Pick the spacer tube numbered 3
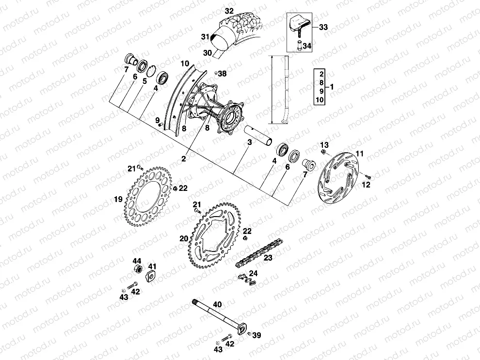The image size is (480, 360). tap(260, 135)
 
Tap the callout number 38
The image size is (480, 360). tap(222, 74)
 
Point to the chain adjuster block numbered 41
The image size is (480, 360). tap(151, 277)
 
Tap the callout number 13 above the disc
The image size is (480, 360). tap(324, 145)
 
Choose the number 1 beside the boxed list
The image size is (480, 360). tap(331, 87)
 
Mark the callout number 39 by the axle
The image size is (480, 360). tap(256, 335)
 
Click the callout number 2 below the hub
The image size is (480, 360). tap(184, 158)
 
